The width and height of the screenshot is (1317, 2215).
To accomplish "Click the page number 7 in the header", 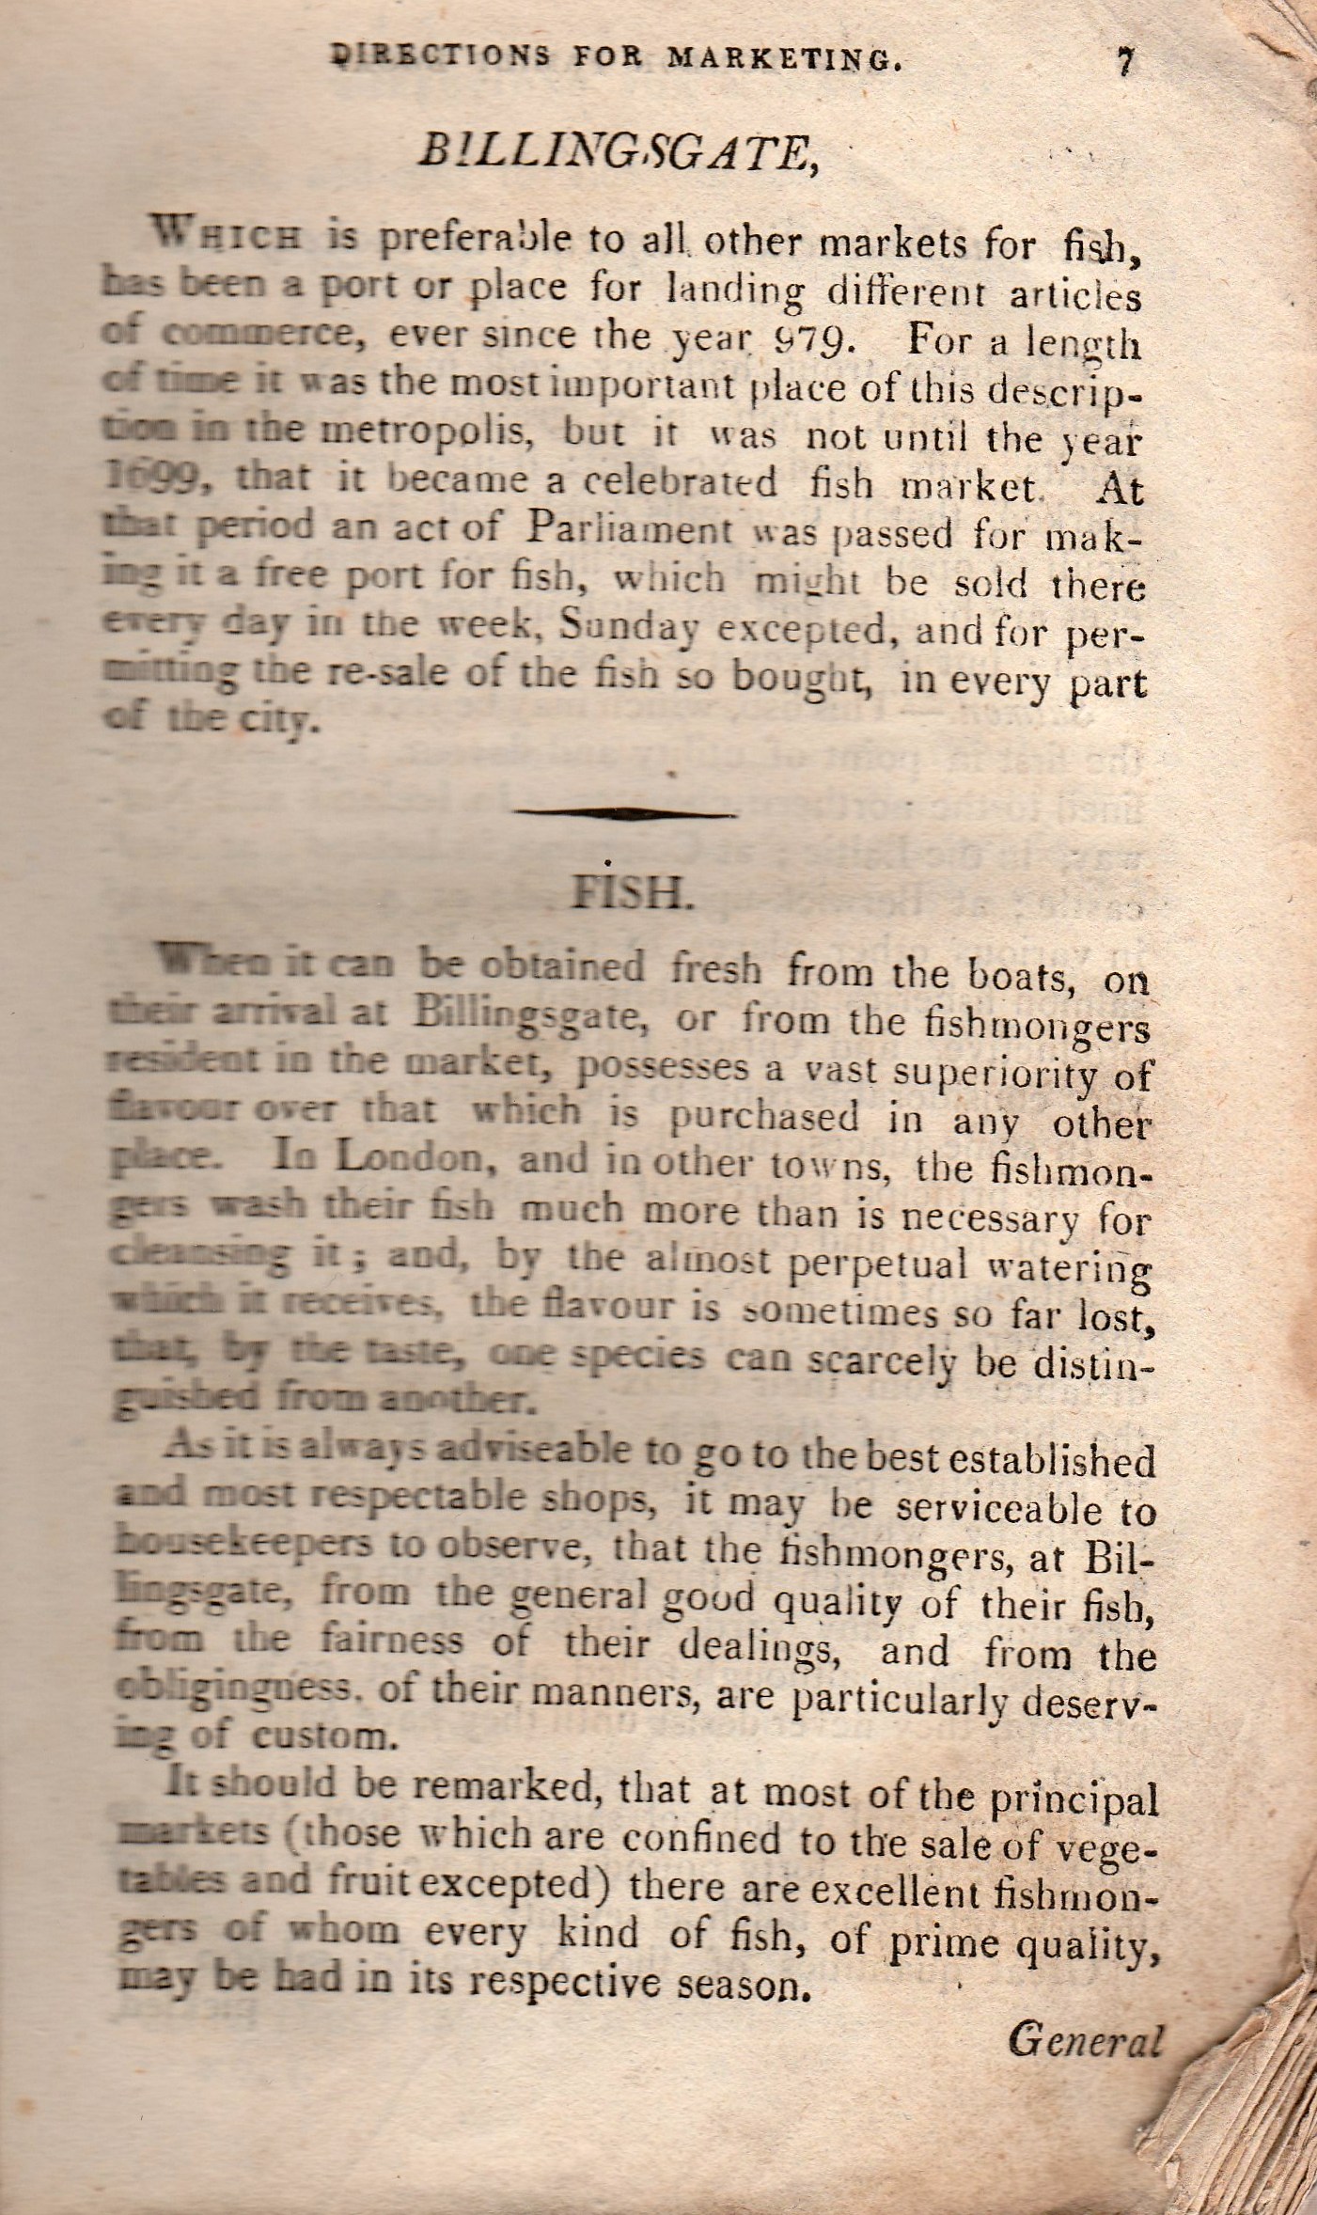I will (1124, 62).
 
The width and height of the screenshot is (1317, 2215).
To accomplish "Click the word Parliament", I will (627, 529).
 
